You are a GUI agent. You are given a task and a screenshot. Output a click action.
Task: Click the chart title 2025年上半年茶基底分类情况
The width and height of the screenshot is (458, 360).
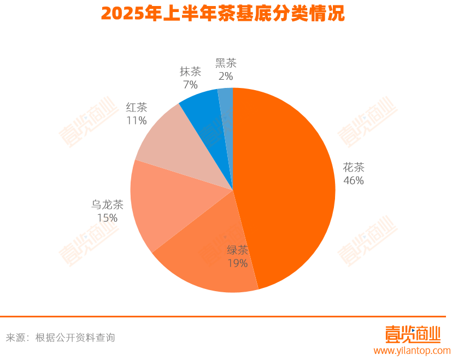tap(223, 14)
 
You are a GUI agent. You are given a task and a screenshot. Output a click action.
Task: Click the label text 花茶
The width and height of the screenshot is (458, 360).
tap(354, 167)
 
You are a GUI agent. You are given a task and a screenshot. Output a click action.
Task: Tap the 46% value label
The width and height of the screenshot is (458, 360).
tap(354, 180)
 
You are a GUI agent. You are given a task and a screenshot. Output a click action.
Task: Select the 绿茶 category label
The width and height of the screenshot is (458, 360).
tap(238, 250)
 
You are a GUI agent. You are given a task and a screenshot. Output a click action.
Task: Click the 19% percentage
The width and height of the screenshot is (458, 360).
tap(238, 263)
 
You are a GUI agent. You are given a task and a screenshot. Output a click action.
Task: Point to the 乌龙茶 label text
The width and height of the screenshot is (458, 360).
tap(107, 205)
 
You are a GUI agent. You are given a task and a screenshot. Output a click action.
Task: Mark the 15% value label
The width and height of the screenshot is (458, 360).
tap(107, 218)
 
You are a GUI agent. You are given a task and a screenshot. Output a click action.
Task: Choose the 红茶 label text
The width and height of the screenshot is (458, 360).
tap(137, 107)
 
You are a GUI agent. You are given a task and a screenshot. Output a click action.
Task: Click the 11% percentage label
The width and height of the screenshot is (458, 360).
tap(137, 120)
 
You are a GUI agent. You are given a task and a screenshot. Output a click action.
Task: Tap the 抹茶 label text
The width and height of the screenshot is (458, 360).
tap(190, 72)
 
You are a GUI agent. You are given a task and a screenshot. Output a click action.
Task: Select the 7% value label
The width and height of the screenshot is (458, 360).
tap(190, 85)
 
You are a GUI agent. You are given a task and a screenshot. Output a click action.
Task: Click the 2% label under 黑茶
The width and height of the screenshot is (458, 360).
tap(226, 76)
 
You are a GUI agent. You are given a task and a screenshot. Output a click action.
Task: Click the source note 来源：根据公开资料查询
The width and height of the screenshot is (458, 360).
tap(61, 338)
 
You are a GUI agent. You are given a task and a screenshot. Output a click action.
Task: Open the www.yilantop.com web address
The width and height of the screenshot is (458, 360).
tap(412, 351)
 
